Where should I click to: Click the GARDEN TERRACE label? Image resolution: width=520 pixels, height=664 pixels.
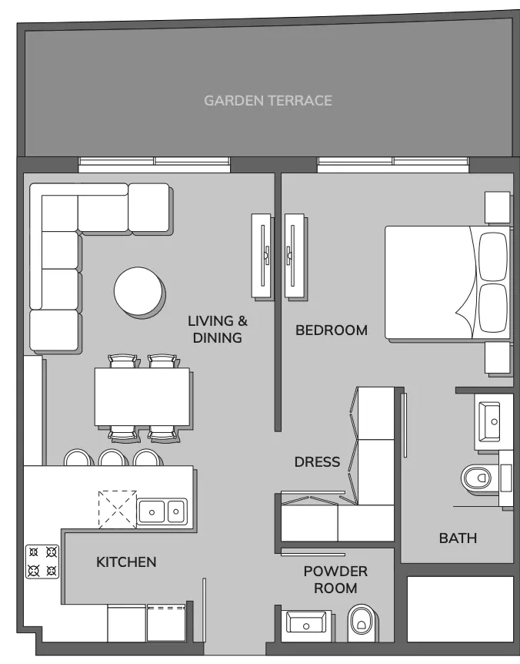[268, 100]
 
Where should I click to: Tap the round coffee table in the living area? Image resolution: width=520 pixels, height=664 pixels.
[138, 291]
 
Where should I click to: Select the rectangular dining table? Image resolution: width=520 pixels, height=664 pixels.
[142, 397]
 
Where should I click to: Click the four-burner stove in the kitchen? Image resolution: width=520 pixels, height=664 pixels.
[42, 562]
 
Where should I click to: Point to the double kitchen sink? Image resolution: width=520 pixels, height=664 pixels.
[162, 511]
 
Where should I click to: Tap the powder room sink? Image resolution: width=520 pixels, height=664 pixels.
[306, 622]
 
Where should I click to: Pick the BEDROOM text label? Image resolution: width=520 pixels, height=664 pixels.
[332, 330]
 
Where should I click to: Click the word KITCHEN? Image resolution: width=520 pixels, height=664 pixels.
[126, 562]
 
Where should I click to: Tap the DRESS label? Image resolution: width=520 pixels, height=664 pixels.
[317, 461]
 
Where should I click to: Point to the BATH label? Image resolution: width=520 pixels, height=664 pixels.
[458, 538]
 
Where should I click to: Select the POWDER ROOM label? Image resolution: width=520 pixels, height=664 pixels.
[335, 580]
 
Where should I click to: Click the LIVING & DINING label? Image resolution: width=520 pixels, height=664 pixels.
[217, 329]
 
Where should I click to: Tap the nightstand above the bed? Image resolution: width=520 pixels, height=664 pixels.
[497, 207]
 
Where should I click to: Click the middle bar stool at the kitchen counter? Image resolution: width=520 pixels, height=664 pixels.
[112, 458]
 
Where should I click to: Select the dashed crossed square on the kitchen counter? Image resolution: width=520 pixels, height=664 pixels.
[118, 509]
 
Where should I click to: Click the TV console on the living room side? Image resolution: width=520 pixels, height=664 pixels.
[261, 255]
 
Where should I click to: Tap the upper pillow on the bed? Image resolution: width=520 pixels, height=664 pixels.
[493, 257]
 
